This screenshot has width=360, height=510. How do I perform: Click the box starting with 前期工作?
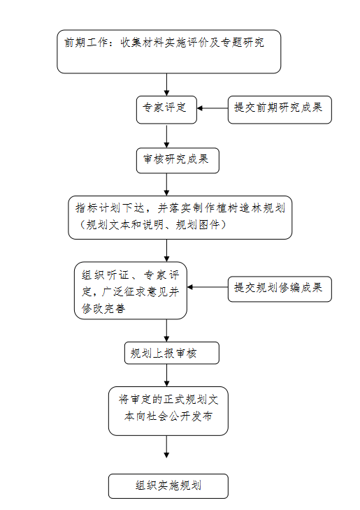coord(168,52)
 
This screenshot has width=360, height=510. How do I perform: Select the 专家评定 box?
coord(166,110)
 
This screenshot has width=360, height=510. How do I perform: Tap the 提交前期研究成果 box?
coord(280,110)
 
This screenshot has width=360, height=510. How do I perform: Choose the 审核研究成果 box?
coord(178,161)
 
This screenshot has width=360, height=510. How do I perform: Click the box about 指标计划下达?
coord(180,217)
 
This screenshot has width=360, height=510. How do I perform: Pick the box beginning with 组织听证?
coord(131,291)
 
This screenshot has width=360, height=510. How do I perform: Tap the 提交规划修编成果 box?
coord(280,289)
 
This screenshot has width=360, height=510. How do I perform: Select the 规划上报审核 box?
coord(172,353)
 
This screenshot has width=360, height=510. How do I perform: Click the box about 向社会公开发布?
coord(168,411)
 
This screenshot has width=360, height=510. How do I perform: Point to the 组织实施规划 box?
coord(168,486)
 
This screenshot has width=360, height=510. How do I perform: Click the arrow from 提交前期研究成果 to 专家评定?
coord(213,108)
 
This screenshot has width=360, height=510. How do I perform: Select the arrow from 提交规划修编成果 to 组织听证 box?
coord(208,287)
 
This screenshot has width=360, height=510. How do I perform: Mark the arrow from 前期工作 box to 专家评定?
coord(166,85)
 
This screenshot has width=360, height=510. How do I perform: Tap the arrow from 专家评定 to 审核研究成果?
coord(166,136)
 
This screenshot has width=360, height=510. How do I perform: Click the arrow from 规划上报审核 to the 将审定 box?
coord(166,375)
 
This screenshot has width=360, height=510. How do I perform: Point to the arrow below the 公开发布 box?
coord(166,446)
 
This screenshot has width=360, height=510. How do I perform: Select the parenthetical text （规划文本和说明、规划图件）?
coord(153,225)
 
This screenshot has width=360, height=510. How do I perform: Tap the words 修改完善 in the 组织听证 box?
coord(103,308)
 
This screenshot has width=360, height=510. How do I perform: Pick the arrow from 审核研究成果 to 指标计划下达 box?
coord(166,184)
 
